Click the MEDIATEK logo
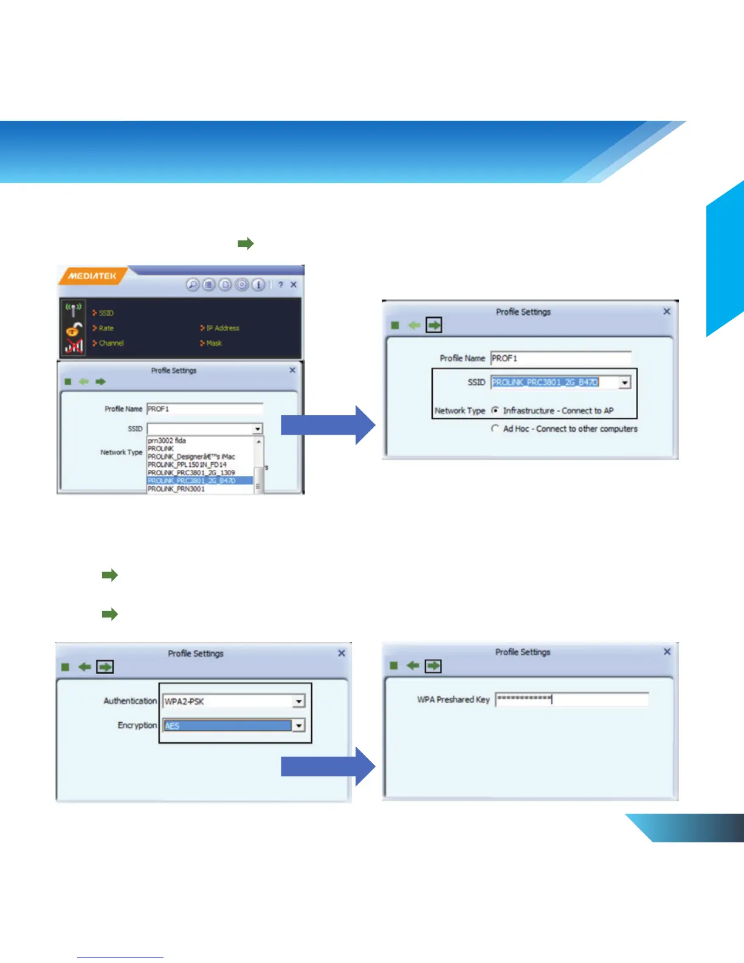[x=92, y=276]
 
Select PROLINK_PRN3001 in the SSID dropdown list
[x=176, y=489]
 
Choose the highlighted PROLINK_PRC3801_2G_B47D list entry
[x=191, y=481]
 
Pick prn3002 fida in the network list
[x=167, y=440]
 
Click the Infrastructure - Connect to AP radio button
[x=495, y=410]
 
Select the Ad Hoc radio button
[x=495, y=429]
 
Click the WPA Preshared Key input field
[x=571, y=699]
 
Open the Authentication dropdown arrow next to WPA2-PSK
[x=298, y=702]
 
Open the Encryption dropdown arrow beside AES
[x=298, y=725]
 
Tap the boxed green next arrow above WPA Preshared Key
[x=433, y=666]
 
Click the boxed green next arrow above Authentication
[x=105, y=667]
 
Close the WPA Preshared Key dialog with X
[x=667, y=652]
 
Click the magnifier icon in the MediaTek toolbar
[x=193, y=285]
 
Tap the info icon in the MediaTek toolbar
[x=258, y=285]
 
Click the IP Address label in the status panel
[x=222, y=328]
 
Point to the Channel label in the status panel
[x=111, y=343]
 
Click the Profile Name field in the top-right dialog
[x=560, y=358]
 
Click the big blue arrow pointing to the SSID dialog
[x=328, y=425]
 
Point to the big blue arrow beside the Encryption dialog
[x=328, y=767]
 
